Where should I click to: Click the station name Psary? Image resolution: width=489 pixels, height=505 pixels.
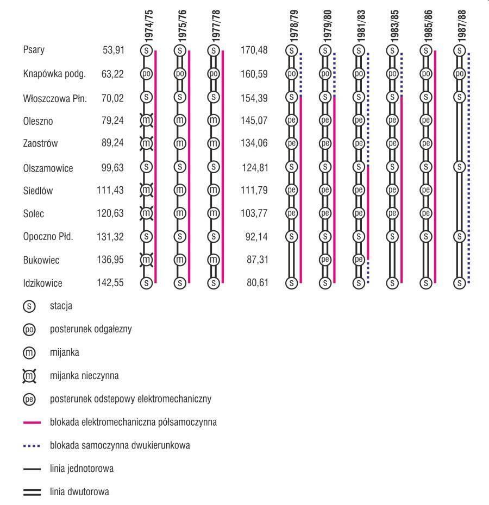(x=34, y=50)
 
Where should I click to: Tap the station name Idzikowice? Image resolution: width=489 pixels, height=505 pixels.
(x=42, y=283)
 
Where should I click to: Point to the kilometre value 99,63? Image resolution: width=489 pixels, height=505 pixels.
(x=113, y=167)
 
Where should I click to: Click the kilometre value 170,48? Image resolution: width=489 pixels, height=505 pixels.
(x=254, y=50)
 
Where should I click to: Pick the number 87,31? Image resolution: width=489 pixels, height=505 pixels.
(x=257, y=260)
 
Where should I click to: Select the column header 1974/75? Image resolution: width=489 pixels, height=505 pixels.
(x=149, y=27)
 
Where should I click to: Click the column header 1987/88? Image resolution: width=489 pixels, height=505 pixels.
(x=462, y=27)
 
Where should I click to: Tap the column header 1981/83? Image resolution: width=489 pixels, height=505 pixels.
(x=361, y=27)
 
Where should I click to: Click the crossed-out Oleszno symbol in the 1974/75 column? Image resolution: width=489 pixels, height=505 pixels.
(x=146, y=120)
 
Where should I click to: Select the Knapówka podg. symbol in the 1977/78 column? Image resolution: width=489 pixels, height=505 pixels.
(x=214, y=73)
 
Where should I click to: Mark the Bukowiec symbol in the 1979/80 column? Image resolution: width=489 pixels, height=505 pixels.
(x=325, y=260)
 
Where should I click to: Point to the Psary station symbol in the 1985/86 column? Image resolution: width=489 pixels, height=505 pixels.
(x=426, y=50)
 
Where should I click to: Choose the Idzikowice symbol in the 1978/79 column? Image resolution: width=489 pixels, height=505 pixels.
(x=292, y=282)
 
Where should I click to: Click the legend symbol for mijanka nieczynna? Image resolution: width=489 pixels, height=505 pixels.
(x=29, y=375)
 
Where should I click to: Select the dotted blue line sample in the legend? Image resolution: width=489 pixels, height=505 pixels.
(x=33, y=446)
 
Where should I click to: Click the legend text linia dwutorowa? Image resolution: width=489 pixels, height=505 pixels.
(x=79, y=492)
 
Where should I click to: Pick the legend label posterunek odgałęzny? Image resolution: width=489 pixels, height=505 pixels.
(x=91, y=329)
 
